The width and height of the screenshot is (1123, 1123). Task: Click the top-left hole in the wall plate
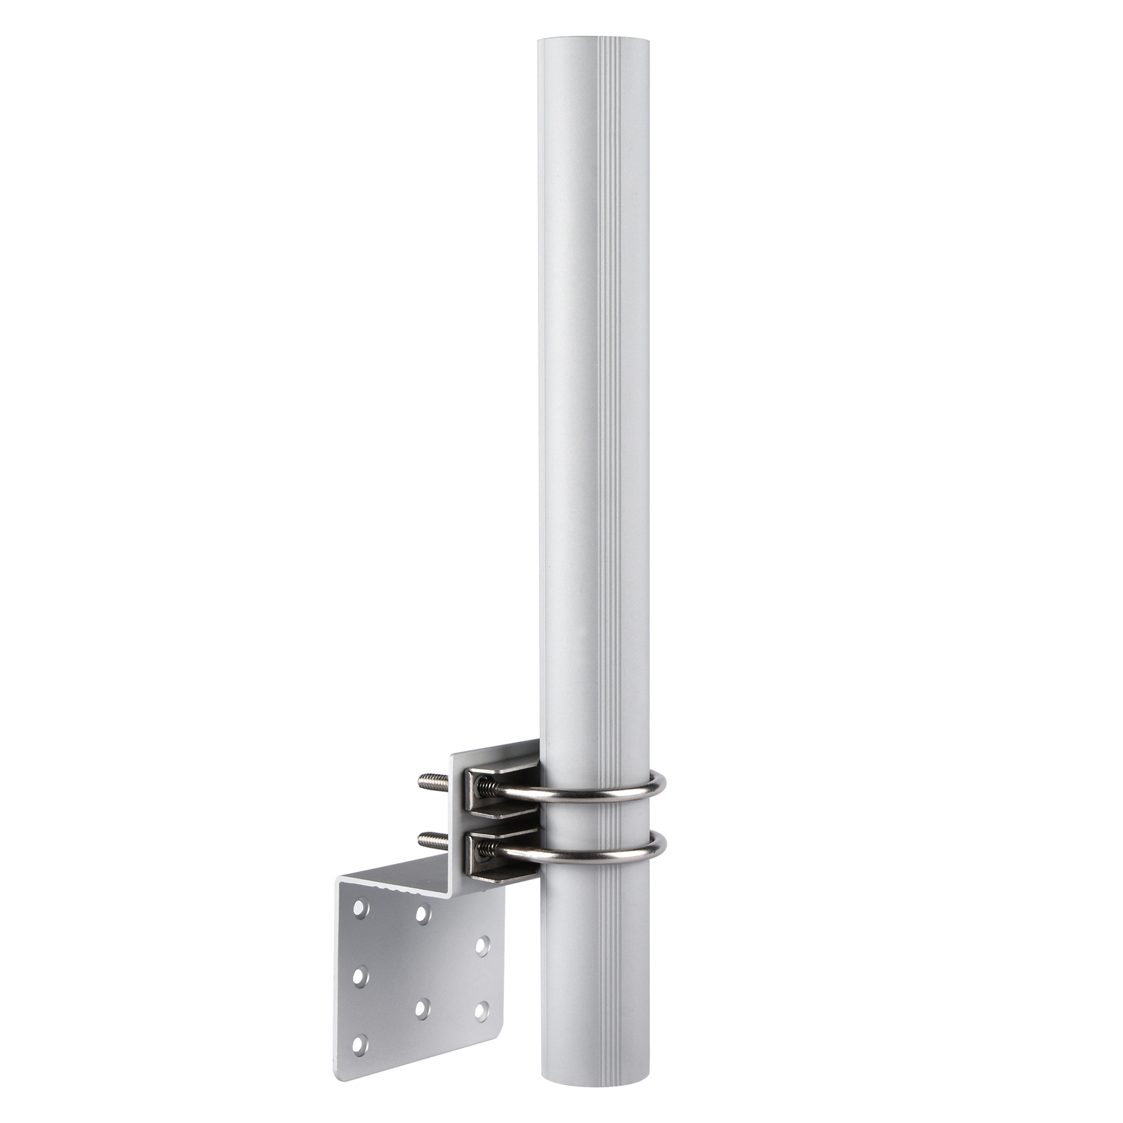click(x=360, y=909)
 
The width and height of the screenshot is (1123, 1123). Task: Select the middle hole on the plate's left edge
click(x=360, y=976)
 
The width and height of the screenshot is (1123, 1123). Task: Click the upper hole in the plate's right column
click(x=482, y=945)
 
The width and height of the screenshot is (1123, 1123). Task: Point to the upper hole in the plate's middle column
click(x=422, y=913)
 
